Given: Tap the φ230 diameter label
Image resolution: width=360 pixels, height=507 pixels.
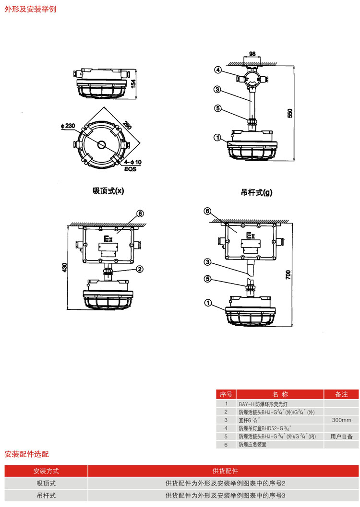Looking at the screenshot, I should coord(68,126).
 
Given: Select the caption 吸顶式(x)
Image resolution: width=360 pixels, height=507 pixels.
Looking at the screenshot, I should coord(108,190).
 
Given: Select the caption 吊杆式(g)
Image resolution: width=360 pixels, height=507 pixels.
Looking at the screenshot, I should coord(256,193).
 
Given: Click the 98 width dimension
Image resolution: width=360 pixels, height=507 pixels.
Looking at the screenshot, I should coord(252,54).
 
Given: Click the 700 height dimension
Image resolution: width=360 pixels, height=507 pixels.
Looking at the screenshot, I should coord(288,274).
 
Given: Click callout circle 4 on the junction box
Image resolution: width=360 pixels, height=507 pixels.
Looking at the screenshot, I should coord(218,70).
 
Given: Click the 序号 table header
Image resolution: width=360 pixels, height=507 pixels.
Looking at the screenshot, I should coord(226,394).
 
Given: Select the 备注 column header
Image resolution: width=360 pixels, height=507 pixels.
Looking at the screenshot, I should coord(341,394).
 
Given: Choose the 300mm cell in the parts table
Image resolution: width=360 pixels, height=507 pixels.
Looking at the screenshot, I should coord(341,420).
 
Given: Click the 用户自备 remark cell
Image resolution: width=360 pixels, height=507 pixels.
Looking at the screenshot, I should coord(341,436).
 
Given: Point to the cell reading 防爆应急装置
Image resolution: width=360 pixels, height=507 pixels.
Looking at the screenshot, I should coord(252,445).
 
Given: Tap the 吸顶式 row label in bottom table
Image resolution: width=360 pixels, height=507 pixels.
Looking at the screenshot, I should coord(46,483).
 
